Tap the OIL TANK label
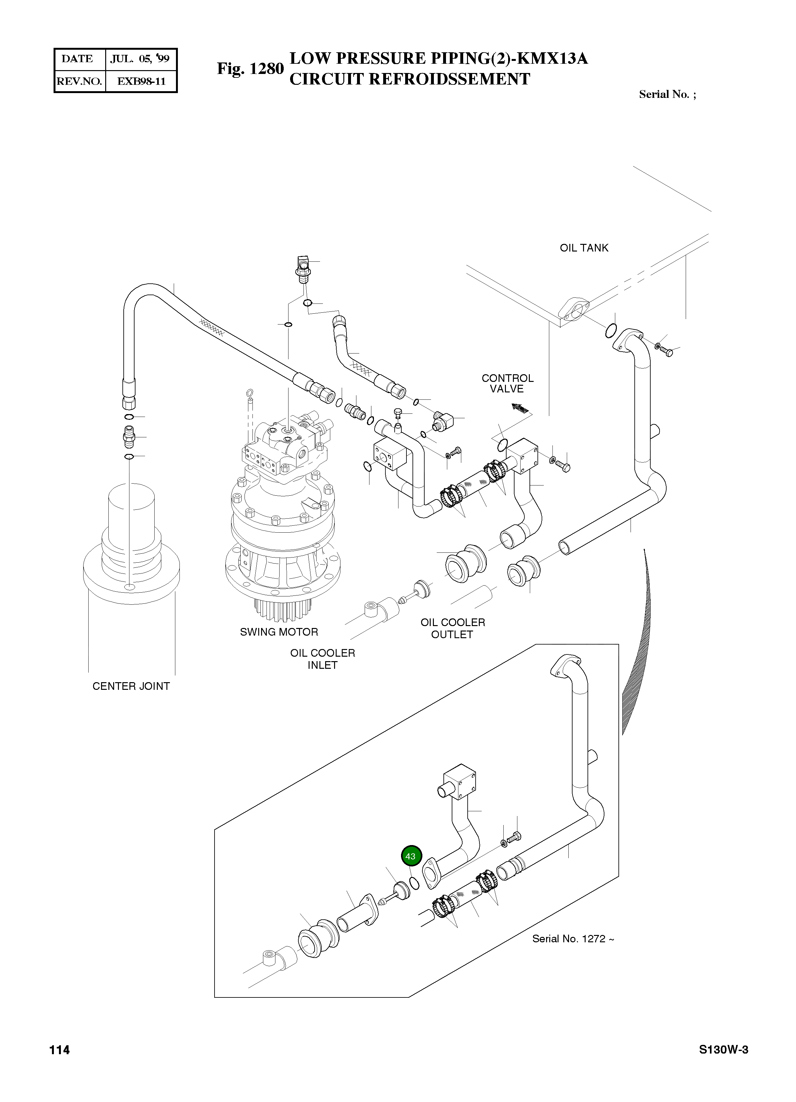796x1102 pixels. pos(584,248)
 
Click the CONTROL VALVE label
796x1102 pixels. pos(507,383)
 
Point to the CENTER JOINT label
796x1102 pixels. pos(131,686)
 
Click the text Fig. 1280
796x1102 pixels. pos(250,69)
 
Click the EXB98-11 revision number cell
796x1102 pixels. pos(141,81)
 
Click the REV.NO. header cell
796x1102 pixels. pos(79,81)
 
